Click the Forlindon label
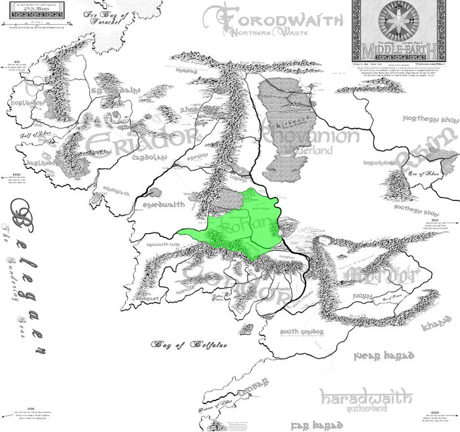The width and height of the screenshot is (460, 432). click(27, 103)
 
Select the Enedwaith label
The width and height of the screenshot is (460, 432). click(161, 204)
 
